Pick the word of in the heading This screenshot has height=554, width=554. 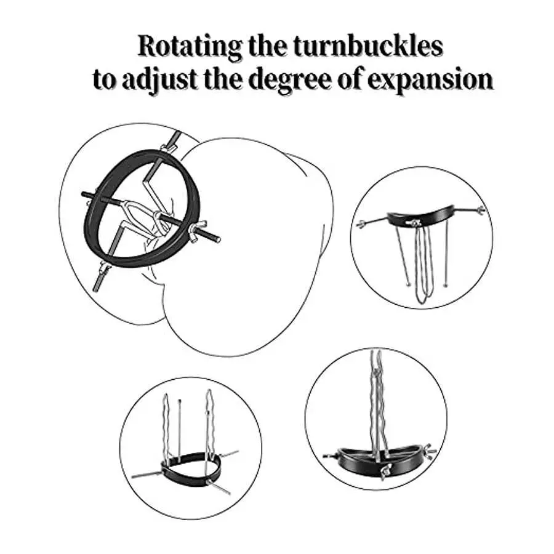[x=364, y=79]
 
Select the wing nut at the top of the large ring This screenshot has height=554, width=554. [x=165, y=147]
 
